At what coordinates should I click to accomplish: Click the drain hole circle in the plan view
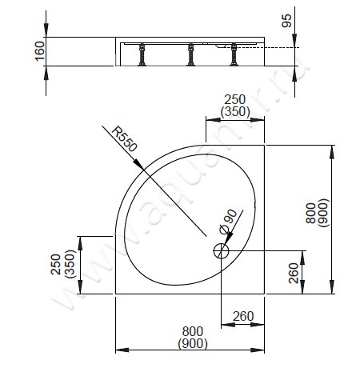click(221, 250)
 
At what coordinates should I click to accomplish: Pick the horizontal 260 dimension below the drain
click(242, 316)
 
